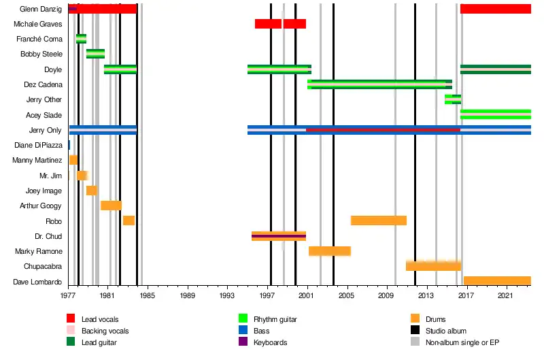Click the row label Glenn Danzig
tap(41, 9)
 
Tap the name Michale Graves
tap(38, 24)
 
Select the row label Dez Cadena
tap(42, 85)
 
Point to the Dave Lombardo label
tap(38, 282)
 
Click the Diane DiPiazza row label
tap(38, 145)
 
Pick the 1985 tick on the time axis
tap(148, 296)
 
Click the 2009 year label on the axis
tap(386, 296)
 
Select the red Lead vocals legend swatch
tap(71, 318)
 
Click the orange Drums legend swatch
tap(415, 318)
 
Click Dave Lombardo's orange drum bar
tap(497, 280)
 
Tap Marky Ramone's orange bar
tap(330, 251)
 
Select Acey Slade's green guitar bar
tap(495, 114)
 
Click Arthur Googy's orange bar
tap(111, 206)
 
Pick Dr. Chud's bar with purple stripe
tap(279, 236)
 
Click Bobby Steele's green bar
tap(95, 54)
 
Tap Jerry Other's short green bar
tap(453, 99)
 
